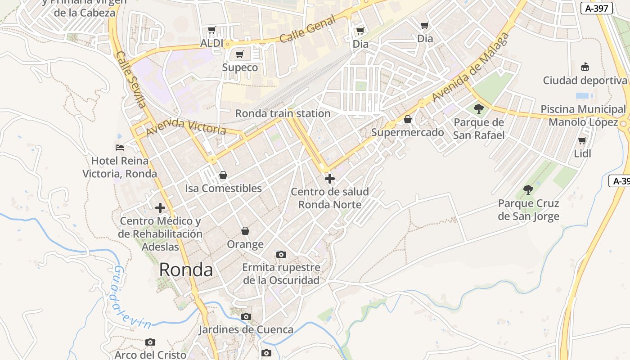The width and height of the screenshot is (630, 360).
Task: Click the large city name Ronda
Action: (186, 270)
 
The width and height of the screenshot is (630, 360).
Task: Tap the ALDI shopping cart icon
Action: (212, 30)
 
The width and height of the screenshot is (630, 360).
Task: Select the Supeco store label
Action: (240, 67)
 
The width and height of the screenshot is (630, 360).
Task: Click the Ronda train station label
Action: (283, 113)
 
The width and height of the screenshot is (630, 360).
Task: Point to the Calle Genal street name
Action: (307, 29)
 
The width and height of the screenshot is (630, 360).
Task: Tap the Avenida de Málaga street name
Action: (471, 67)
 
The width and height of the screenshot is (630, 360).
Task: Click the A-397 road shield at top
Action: (597, 8)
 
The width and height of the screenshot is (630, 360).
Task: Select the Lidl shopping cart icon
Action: (582, 140)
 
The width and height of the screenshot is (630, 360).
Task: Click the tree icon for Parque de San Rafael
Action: (479, 108)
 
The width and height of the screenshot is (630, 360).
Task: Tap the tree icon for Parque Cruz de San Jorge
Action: (528, 189)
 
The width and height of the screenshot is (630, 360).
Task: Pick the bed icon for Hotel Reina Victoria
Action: (120, 147)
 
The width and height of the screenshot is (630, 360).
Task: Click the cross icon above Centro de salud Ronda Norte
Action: (330, 179)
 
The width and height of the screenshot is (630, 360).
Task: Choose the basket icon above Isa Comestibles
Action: (223, 175)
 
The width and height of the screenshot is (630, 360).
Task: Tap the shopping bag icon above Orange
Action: (245, 231)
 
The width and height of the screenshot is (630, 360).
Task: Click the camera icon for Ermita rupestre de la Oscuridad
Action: (281, 255)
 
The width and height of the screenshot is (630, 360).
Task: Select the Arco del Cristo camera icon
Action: (150, 342)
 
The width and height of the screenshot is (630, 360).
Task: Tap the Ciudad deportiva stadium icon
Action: (585, 67)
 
